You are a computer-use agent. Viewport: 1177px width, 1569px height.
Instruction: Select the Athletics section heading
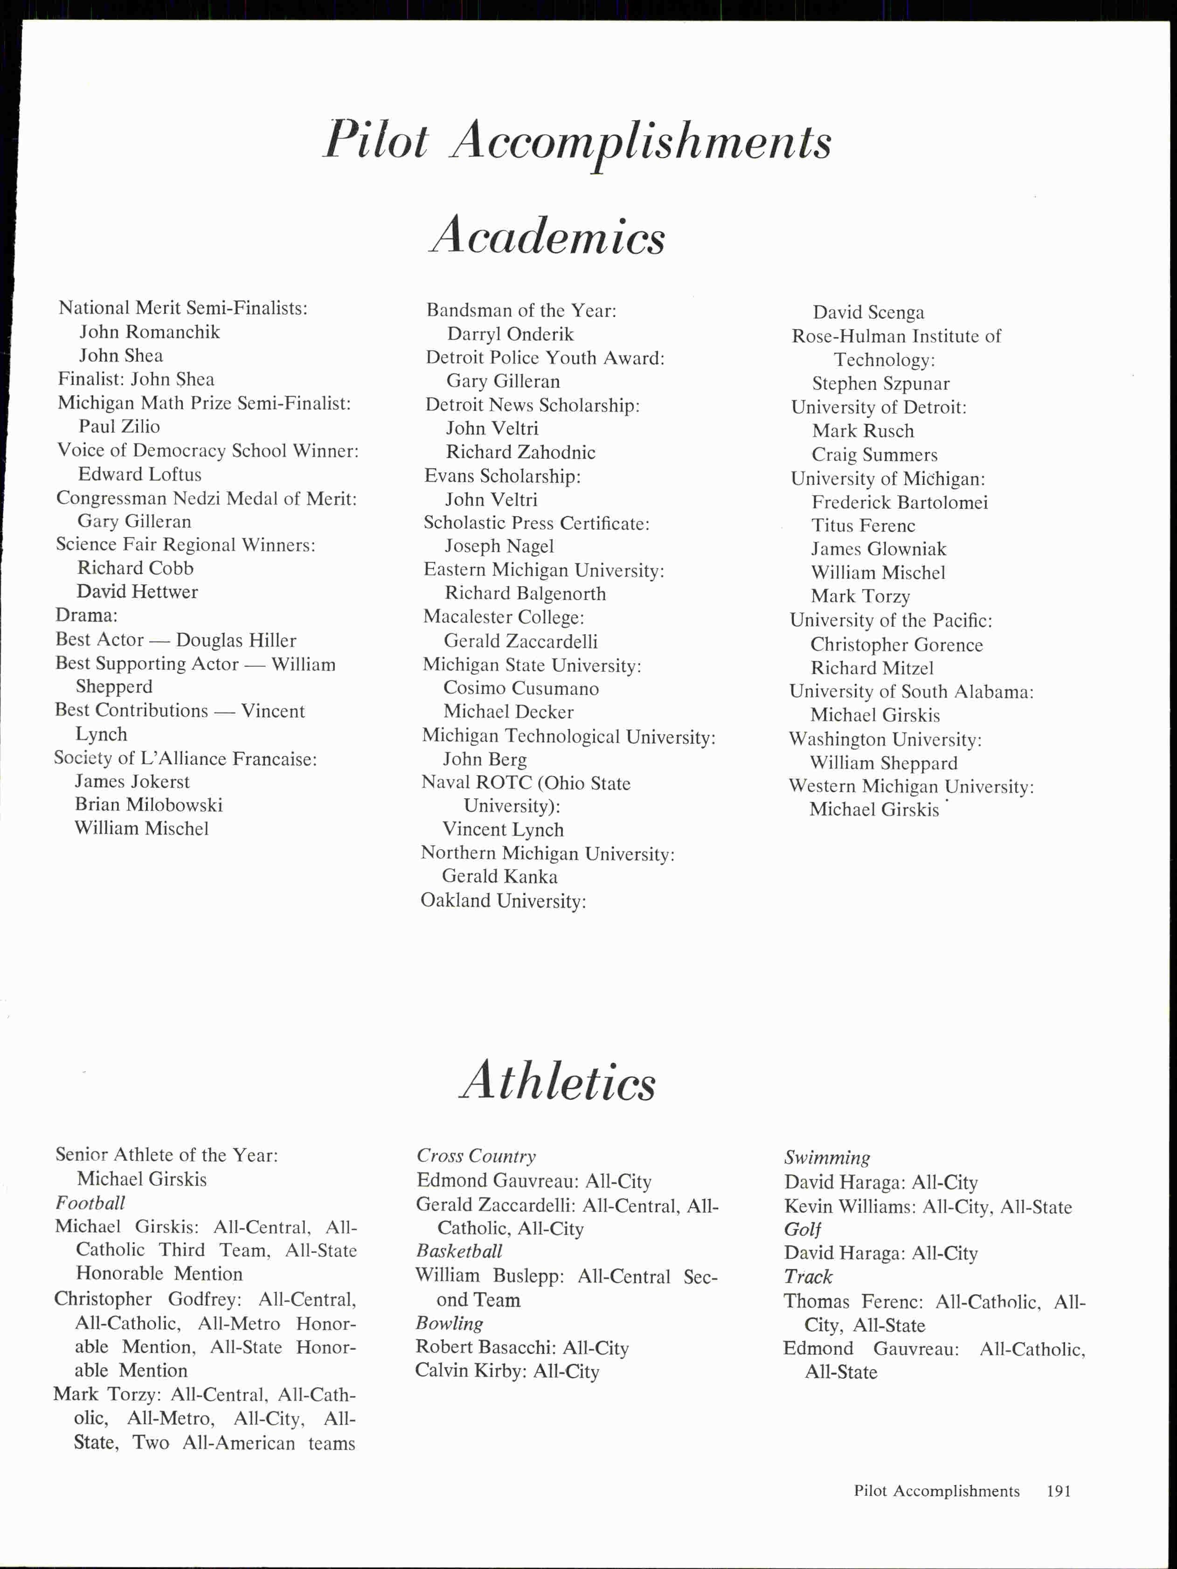pos(558,1082)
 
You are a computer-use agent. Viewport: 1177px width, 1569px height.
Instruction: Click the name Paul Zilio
pos(119,426)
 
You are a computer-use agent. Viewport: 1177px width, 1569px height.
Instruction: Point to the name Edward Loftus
pos(140,474)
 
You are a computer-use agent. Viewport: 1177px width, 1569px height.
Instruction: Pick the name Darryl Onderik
pos(510,334)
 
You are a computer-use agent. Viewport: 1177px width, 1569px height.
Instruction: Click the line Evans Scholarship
pos(502,476)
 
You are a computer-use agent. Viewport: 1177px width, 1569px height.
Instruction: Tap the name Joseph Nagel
pos(499,546)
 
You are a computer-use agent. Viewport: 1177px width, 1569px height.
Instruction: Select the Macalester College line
pos(504,617)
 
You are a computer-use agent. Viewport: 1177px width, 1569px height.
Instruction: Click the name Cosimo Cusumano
pos(521,688)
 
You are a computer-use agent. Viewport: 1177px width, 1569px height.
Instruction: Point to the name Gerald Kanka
pos(499,877)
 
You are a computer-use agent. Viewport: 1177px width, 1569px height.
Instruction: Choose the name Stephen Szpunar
pos(880,384)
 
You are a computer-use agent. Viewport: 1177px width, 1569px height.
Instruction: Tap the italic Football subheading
pos(90,1203)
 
